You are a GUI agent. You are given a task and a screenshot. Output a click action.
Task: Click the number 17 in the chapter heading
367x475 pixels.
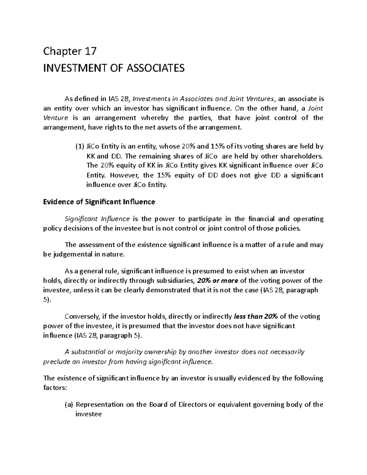pyautogui.click(x=91, y=51)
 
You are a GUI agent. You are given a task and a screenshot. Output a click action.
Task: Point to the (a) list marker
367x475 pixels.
pyautogui.click(x=69, y=405)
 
